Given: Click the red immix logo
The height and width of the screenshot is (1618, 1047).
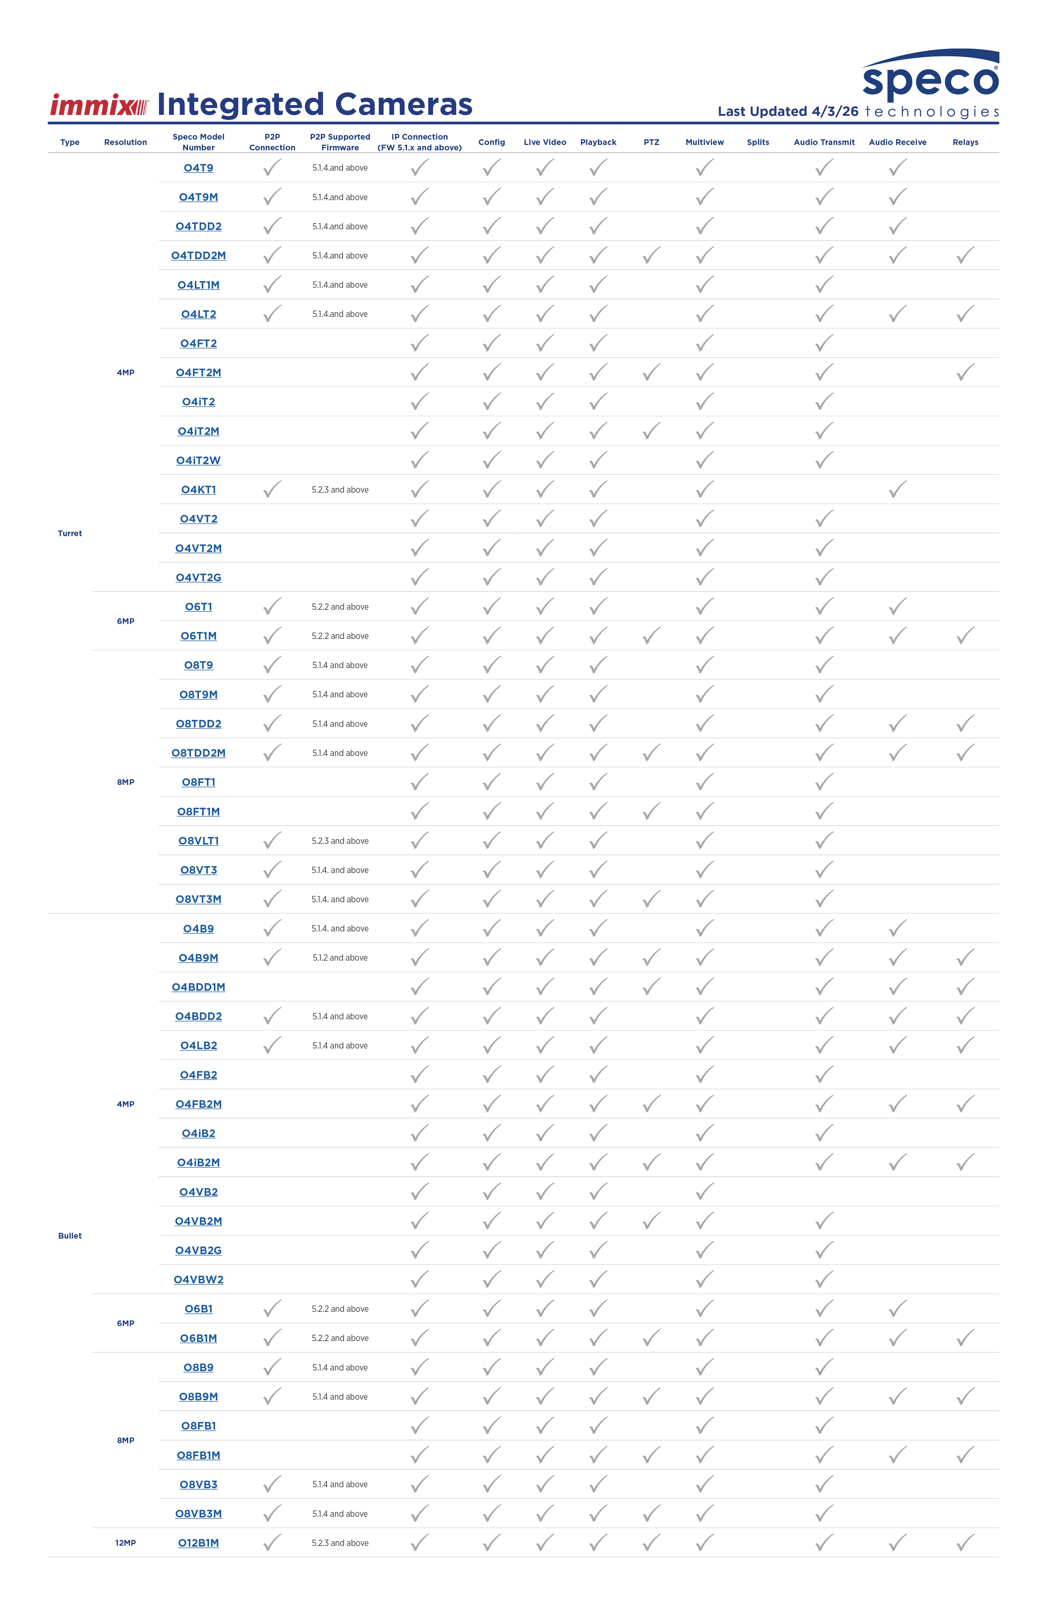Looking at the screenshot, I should [99, 105].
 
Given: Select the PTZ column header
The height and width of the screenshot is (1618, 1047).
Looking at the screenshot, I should [651, 142].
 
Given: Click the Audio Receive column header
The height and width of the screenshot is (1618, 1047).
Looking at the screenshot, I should [898, 142].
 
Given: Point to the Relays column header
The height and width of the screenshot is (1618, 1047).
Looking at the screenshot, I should [965, 142].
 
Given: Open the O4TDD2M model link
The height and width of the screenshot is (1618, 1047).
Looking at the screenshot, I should [199, 256].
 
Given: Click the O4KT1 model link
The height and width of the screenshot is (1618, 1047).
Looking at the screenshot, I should [199, 490].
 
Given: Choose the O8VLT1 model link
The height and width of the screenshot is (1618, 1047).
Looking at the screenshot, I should [199, 841].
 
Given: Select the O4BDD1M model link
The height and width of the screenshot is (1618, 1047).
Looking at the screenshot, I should [199, 987].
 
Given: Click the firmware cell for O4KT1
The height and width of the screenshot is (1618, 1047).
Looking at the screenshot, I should [340, 490].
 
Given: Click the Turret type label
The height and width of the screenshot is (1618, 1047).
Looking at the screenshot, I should [70, 534].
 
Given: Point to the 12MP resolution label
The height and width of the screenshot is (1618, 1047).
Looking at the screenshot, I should [126, 1543].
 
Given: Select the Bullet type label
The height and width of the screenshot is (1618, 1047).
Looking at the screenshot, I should [70, 1236].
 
